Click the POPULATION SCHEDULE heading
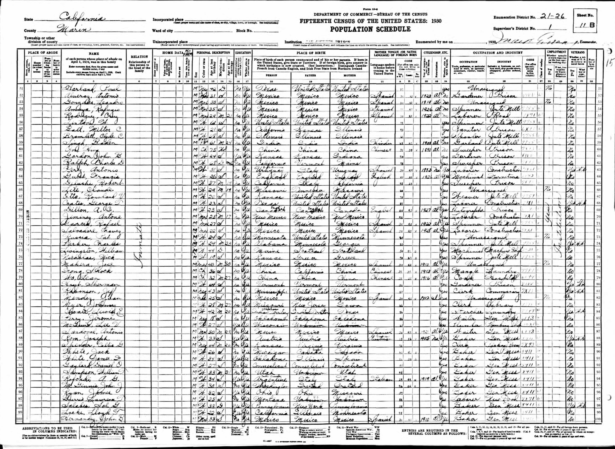pos(370,29)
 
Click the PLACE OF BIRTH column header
pos(310,53)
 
